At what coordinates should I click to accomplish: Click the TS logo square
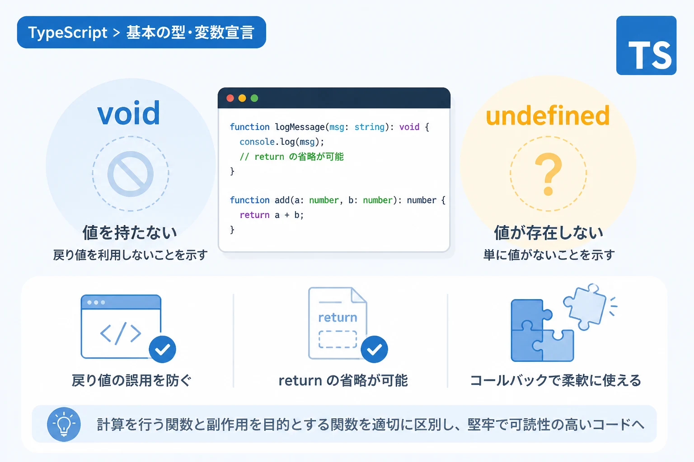[646, 46]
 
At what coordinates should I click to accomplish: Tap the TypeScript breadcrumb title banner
[141, 32]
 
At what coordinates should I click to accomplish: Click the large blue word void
[129, 113]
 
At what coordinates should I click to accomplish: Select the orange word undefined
[548, 115]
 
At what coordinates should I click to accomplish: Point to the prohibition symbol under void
[131, 174]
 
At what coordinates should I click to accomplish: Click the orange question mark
[549, 174]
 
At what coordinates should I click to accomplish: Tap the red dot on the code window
[230, 98]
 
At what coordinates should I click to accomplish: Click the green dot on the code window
[254, 98]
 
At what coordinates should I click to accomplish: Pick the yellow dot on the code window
[242, 98]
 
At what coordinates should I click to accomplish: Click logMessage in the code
[300, 127]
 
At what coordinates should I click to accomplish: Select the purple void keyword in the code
[409, 127]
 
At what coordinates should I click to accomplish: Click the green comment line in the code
[291, 157]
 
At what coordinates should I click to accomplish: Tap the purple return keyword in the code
[255, 215]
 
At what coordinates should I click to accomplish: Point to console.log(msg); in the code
[281, 142]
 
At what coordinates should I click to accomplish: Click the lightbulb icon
[64, 424]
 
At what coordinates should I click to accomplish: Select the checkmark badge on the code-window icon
[162, 349]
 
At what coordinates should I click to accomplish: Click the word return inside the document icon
[338, 318]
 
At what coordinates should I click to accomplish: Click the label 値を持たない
[130, 233]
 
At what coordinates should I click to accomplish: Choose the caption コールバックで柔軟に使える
[555, 380]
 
